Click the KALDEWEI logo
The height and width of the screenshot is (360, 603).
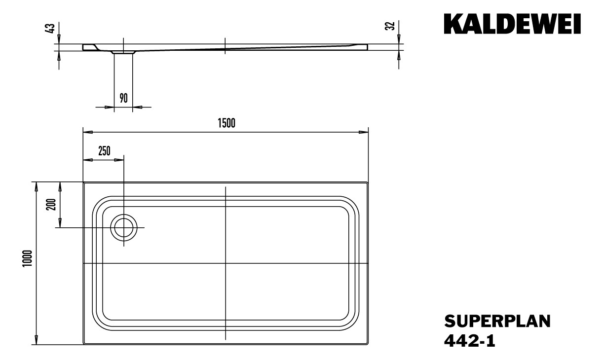pyautogui.click(x=512, y=24)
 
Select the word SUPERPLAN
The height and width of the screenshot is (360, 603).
pyautogui.click(x=497, y=322)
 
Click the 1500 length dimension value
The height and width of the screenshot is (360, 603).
pyautogui.click(x=226, y=123)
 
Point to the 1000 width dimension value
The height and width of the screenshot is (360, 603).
pyautogui.click(x=27, y=258)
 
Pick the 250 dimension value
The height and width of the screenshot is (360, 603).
pyautogui.click(x=104, y=151)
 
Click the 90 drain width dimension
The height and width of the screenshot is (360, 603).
pyautogui.click(x=123, y=98)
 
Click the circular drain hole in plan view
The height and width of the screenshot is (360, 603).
pyautogui.click(x=123, y=228)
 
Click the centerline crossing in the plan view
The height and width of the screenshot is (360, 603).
pyautogui.click(x=226, y=263)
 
